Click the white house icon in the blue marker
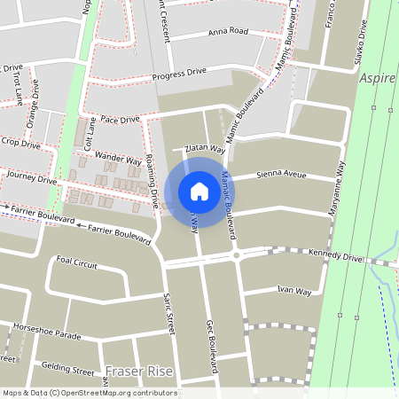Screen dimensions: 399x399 click(199, 192)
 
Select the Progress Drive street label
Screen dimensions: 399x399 click(179, 73)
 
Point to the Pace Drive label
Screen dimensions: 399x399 click(121, 119)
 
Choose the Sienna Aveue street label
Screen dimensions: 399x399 click(281, 176)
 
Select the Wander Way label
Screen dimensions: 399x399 click(119, 159)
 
